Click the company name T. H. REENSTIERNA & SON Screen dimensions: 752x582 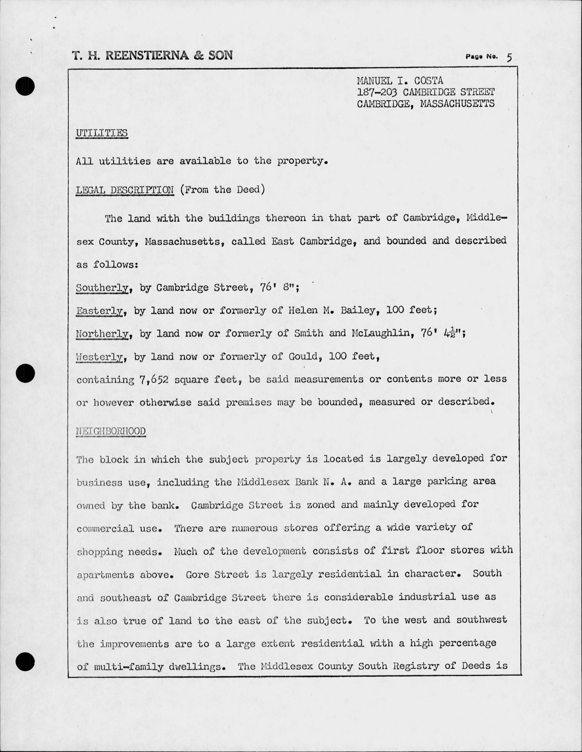pyautogui.click(x=152, y=55)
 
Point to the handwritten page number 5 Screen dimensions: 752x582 pyautogui.click(x=509, y=57)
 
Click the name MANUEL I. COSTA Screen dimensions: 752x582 pyautogui.click(x=400, y=81)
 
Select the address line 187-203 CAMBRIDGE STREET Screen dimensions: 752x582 pyautogui.click(x=426, y=92)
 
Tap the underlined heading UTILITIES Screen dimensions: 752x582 pyautogui.click(x=102, y=133)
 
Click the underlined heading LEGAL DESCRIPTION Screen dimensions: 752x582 pyautogui.click(x=125, y=190)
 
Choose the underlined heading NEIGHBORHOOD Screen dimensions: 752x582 pyautogui.click(x=111, y=431)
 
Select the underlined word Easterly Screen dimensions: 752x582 pyautogui.click(x=100, y=311)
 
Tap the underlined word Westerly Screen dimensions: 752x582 pyautogui.click(x=100, y=357)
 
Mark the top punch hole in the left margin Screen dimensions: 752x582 pyautogui.click(x=25, y=86)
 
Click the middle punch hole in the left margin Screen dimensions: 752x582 pyautogui.click(x=25, y=373)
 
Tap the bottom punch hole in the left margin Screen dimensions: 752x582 pyautogui.click(x=25, y=662)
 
